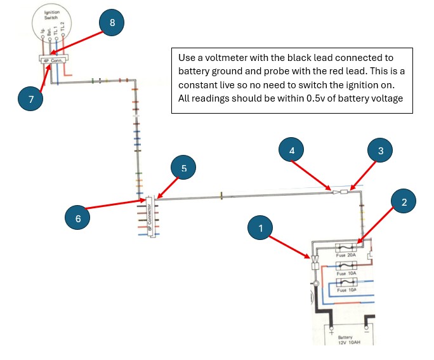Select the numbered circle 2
tap(404, 201)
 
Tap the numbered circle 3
tap(381, 150)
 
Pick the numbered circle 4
tap(291, 150)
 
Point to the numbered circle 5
tap(183, 168)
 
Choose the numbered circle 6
tap(77, 217)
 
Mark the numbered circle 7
tap(30, 98)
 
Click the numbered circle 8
tap(112, 22)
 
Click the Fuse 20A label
tap(346, 255)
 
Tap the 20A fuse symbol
tap(346, 248)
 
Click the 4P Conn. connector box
tap(53, 59)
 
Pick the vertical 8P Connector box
tap(150, 217)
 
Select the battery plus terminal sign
tap(330, 330)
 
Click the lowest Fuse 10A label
tap(346, 290)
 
